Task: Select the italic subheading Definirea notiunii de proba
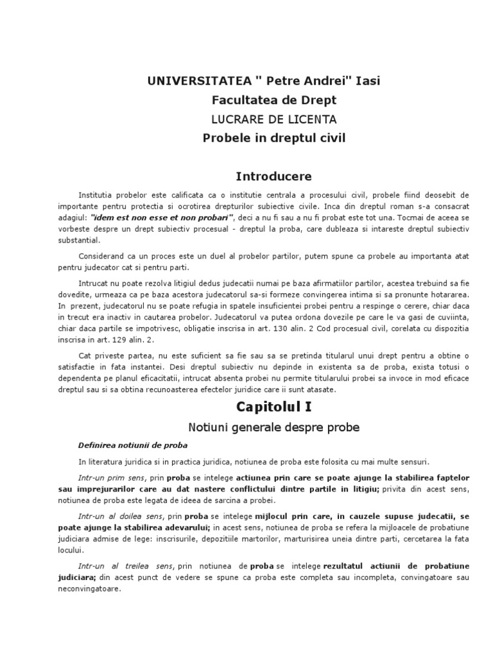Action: (x=134, y=445)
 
